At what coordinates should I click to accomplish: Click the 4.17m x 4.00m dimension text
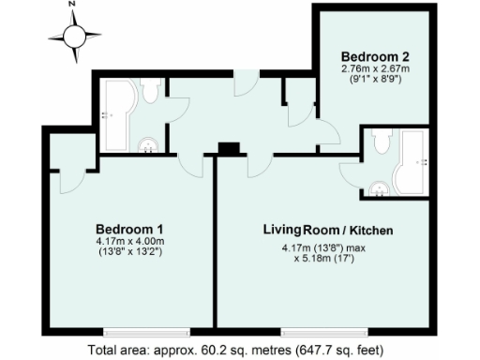[131, 242]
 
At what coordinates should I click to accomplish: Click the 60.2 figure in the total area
[216, 351]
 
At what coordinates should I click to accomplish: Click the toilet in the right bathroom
[380, 142]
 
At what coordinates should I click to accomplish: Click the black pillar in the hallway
[228, 147]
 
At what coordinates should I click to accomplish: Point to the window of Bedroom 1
[131, 331]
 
